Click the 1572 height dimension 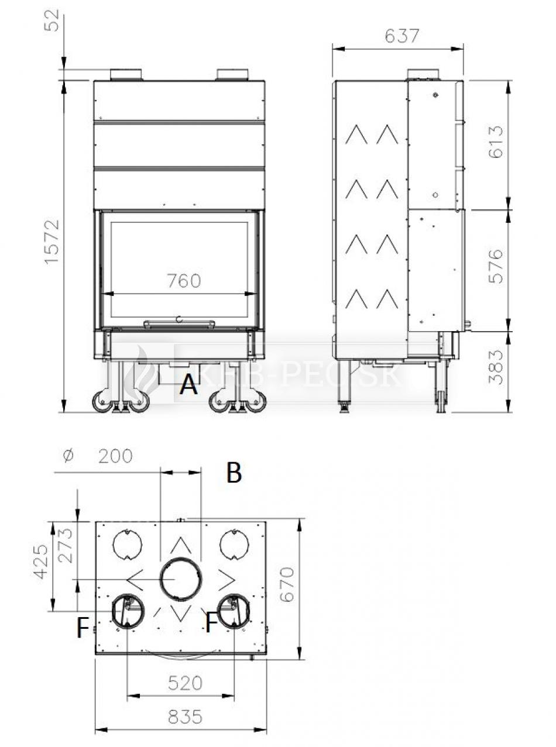52,242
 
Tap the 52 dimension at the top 52,20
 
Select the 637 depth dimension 402,36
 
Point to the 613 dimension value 496,142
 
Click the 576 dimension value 496,266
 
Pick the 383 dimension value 496,367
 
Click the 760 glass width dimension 184,281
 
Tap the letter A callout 188,384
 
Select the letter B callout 234,472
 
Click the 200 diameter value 115,456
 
